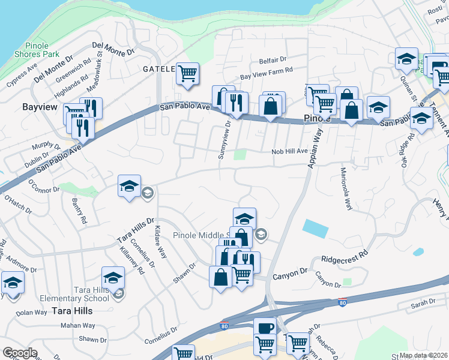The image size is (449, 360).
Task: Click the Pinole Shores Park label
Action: tap(41, 50)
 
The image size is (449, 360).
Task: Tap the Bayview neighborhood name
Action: tap(39, 107)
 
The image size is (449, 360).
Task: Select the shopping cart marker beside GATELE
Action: tap(188, 74)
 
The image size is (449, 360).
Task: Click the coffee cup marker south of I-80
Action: tap(265, 328)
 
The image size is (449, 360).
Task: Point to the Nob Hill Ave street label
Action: tap(289, 152)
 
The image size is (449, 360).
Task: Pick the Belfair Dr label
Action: tap(273, 60)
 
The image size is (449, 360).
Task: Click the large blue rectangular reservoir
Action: tap(315, 228)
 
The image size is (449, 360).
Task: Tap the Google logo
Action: tap(20, 353)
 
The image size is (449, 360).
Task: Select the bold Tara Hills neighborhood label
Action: tap(72, 311)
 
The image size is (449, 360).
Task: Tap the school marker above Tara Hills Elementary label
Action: tap(113, 278)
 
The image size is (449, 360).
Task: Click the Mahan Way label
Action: tap(78, 326)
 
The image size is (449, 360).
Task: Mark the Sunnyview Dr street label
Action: tap(228, 140)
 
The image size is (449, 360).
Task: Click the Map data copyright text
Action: tap(423, 355)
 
